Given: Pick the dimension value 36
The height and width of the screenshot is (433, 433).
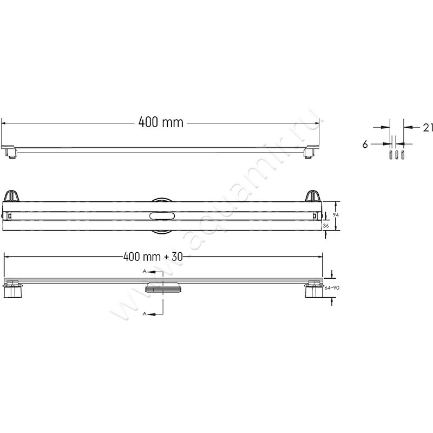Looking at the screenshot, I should click(x=326, y=226).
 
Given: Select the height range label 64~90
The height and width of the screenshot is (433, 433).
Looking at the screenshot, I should click(x=331, y=288).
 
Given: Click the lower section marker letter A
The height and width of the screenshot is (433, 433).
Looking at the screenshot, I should click(x=144, y=313).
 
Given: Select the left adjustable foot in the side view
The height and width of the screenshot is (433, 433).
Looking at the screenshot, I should click(x=12, y=291).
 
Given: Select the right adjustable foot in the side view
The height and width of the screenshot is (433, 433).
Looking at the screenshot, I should click(x=313, y=291).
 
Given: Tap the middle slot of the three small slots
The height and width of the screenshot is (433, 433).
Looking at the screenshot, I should click(x=396, y=155).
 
